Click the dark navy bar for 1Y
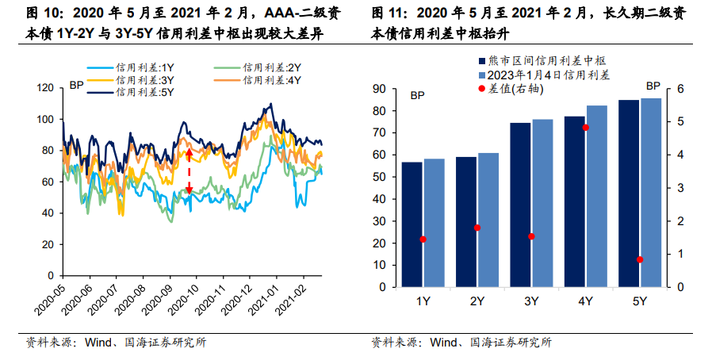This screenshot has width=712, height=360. tap(412, 224)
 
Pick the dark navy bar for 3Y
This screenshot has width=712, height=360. tap(520, 205)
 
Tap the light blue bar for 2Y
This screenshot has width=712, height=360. tap(488, 220)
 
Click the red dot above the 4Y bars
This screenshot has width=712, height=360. tap(586, 127)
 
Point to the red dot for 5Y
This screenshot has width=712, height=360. tap(640, 259)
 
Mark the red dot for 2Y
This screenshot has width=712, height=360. tap(477, 228)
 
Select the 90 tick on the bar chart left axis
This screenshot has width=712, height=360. tap(379, 89)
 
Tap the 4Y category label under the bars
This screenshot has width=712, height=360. tap(585, 301)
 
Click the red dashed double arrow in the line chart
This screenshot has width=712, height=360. tap(189, 171)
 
